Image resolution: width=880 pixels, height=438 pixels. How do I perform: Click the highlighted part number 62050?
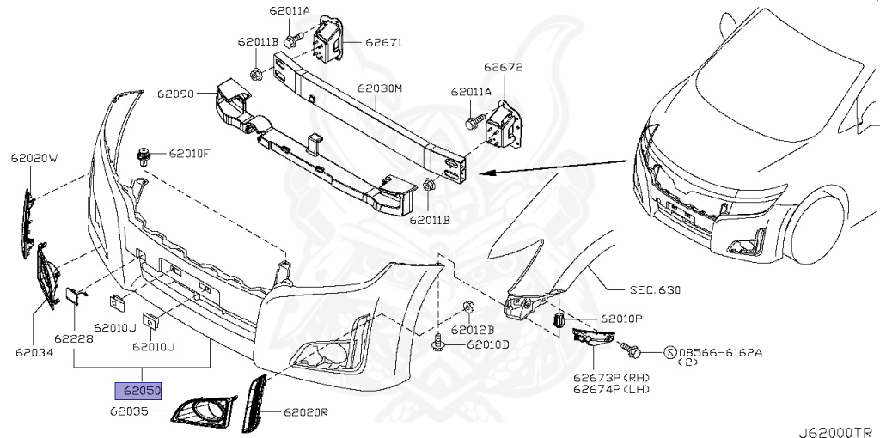141,390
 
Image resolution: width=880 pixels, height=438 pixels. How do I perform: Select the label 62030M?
380,88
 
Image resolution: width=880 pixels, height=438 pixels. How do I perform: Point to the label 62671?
383,41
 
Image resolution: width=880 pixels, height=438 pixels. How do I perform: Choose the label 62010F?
189,154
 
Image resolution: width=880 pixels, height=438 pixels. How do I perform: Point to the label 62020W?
34,158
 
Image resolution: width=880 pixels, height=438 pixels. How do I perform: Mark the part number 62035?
129,412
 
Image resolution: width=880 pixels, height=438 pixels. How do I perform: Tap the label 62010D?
488,345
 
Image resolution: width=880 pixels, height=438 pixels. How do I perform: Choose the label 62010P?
621,318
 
